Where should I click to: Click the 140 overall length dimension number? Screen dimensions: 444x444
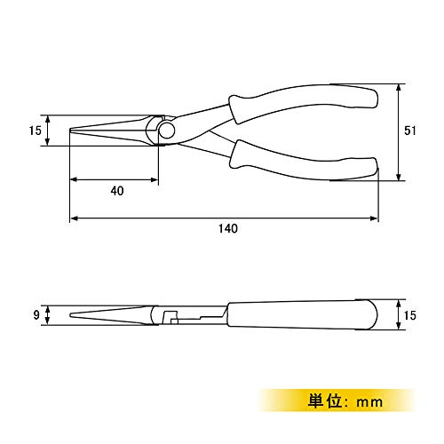(228, 228)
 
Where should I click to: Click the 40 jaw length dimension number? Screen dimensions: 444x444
(117, 191)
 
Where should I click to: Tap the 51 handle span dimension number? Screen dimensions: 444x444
(410, 131)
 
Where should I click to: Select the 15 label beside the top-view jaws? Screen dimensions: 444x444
(36, 131)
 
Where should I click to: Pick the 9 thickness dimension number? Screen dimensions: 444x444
(36, 315)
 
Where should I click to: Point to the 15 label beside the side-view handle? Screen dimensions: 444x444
(410, 315)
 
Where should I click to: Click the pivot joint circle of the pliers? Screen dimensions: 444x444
(167, 131)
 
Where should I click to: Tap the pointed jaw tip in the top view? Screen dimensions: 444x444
(71, 131)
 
